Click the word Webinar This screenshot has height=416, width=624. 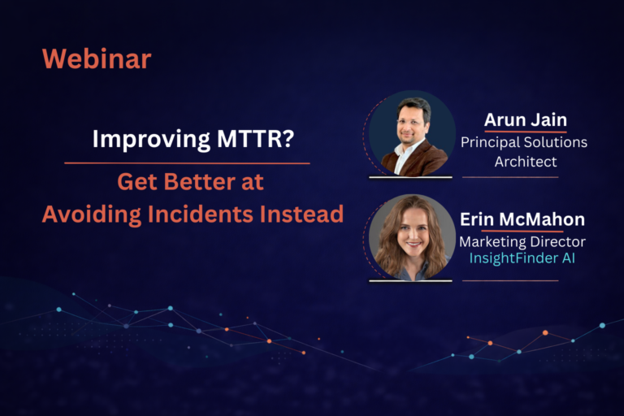point(97,58)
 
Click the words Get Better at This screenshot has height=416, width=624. point(191,181)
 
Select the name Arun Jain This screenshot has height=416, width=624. point(525,120)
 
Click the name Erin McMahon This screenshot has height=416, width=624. point(522,219)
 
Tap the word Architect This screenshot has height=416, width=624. point(526,161)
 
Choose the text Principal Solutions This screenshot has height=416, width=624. point(524,142)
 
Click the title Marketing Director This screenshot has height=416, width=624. point(522,241)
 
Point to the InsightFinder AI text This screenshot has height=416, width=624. point(522,258)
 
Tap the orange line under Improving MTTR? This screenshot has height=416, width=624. point(187,163)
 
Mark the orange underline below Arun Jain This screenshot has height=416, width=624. point(525,132)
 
